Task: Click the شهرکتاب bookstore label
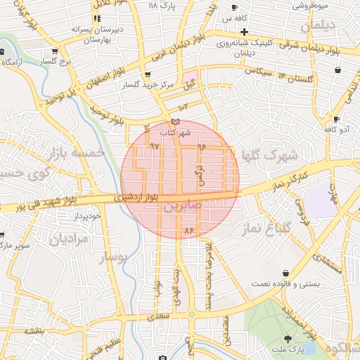tap(175, 132)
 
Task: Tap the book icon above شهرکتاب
tap(175, 122)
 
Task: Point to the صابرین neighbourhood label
tap(182, 207)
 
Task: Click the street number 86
tap(188, 231)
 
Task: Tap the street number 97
tap(155, 146)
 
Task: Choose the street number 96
tap(202, 147)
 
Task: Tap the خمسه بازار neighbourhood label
tap(79, 153)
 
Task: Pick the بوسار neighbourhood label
tap(113, 257)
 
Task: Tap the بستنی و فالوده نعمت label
tap(287, 283)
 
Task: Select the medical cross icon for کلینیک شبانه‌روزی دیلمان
tap(244, 32)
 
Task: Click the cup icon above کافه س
tap(234, 7)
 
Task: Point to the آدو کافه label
tap(335, 129)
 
